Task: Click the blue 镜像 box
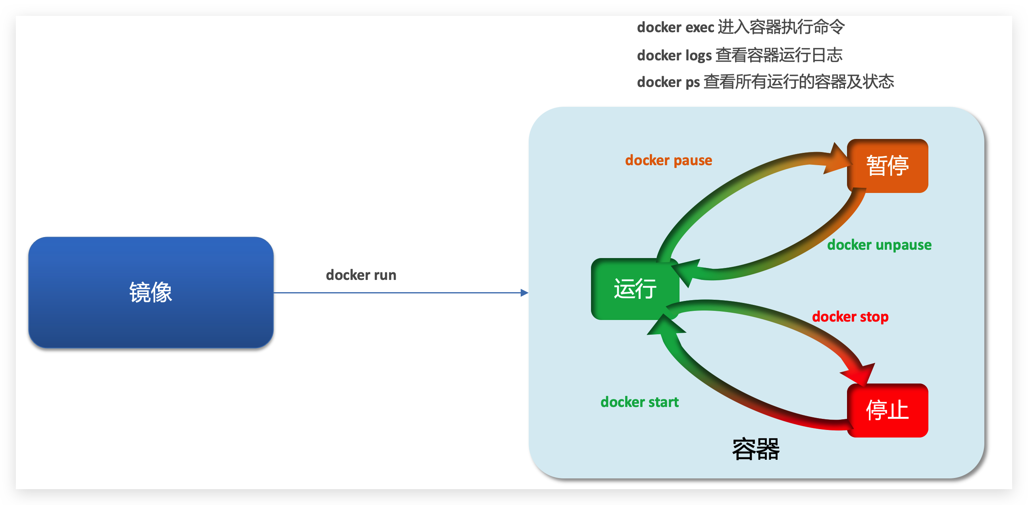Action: tap(150, 292)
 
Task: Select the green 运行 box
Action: tap(635, 289)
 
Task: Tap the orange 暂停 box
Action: tap(887, 166)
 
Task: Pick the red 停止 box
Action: tap(887, 410)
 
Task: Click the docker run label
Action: tap(361, 275)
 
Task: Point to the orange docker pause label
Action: tap(668, 160)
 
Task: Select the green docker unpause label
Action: tap(879, 245)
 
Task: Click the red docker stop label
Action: tap(850, 316)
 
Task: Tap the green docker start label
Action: tap(639, 402)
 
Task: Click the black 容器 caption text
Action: tap(755, 449)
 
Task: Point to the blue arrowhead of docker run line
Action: tap(524, 293)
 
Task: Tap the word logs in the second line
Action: tap(699, 56)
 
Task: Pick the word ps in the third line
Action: tap(692, 82)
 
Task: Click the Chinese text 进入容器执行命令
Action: tap(781, 27)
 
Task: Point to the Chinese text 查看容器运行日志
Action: tap(779, 55)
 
